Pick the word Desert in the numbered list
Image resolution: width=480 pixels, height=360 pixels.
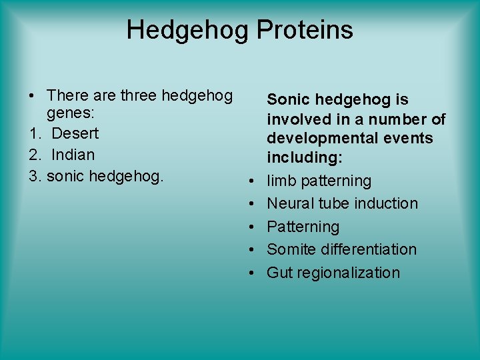pos(75,133)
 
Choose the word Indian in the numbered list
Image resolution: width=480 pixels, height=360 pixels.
pos(73,155)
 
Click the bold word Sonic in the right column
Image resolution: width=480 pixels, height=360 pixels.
pos(288,100)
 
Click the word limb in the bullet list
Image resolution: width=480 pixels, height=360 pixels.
pos(281,181)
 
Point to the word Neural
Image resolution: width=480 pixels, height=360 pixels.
pos(289,203)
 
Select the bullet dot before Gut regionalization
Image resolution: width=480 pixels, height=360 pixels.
pos(253,273)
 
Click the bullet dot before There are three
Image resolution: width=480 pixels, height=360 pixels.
pos(32,96)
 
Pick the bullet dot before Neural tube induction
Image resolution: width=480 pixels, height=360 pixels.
pos(253,203)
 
